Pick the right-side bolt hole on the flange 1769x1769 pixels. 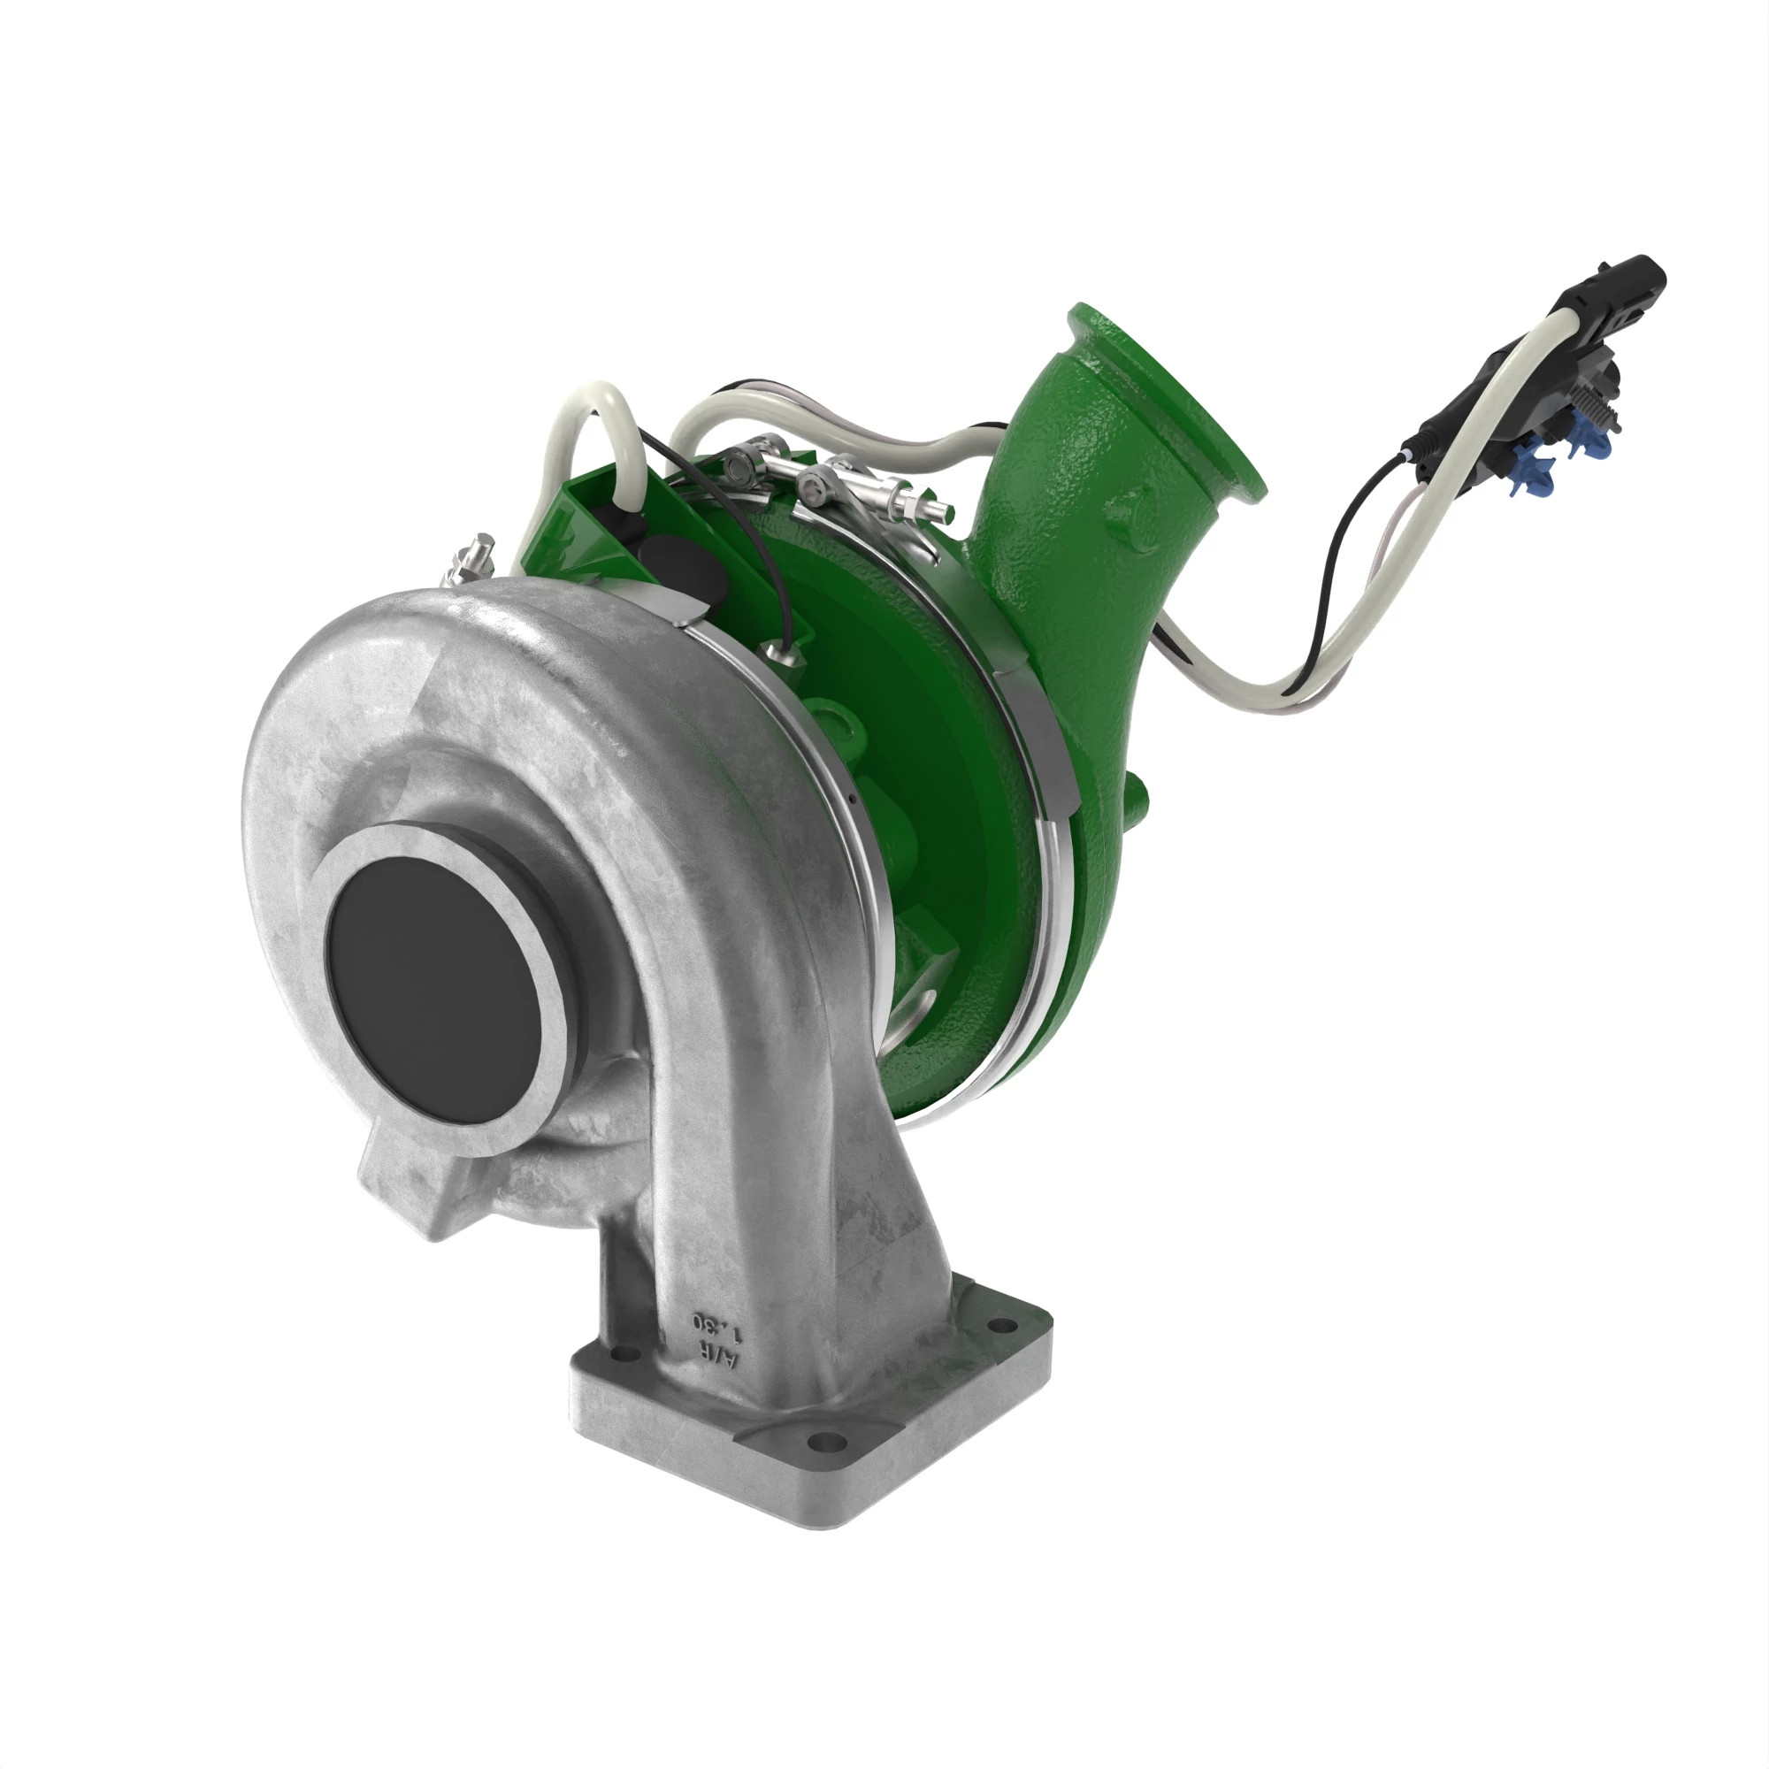coord(1005,1325)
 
